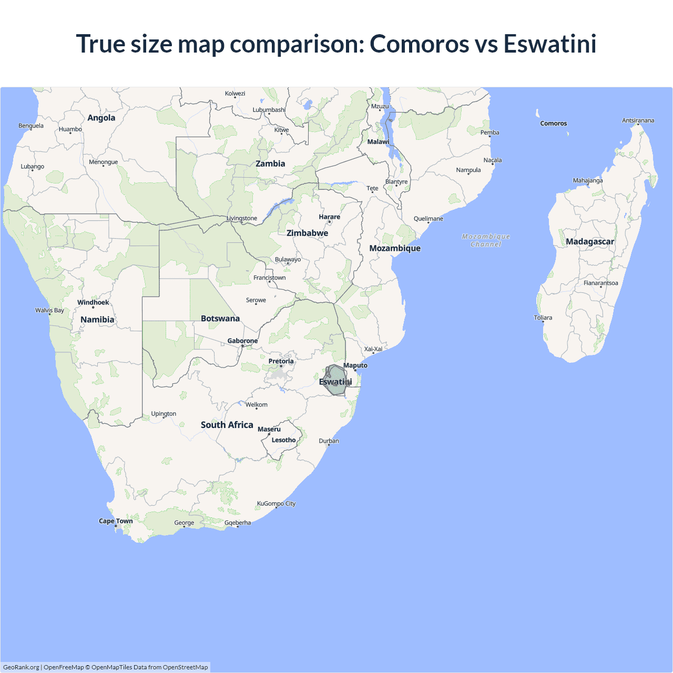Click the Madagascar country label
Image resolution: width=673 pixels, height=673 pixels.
click(590, 242)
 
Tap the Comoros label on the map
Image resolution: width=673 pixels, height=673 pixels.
click(554, 124)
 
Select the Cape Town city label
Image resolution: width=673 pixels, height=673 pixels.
click(116, 521)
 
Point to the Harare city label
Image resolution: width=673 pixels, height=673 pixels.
click(329, 217)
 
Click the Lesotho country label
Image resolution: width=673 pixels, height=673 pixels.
click(283, 440)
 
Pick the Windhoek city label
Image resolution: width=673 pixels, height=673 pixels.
click(93, 302)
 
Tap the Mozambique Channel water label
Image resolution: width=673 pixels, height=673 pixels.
click(486, 240)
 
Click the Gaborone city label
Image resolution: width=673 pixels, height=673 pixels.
click(242, 341)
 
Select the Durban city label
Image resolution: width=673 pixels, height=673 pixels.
click(329, 441)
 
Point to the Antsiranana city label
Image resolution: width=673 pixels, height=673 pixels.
click(638, 120)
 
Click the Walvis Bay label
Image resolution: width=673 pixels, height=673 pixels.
click(49, 310)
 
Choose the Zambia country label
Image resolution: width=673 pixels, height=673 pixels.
click(270, 164)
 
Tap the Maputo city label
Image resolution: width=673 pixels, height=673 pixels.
click(355, 365)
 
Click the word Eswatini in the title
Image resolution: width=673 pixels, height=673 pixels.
click(550, 44)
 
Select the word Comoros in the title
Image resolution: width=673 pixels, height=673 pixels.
click(419, 44)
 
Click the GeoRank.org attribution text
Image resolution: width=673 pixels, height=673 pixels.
click(21, 667)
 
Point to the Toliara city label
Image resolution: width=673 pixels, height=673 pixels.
click(543, 318)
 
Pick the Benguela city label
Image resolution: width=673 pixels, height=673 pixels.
click(31, 126)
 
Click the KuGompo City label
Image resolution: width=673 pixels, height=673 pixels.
click(276, 504)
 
